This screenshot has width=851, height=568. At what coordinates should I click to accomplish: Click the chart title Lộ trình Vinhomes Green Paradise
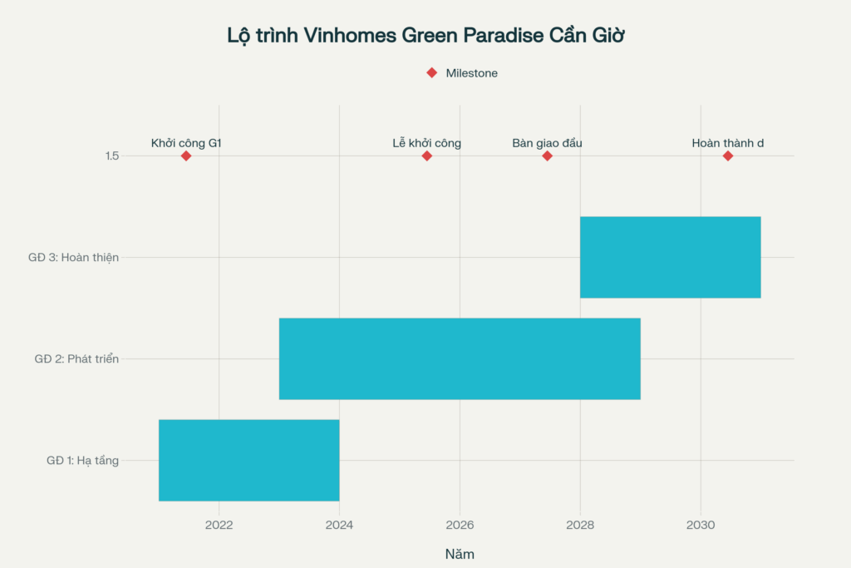pos(425,36)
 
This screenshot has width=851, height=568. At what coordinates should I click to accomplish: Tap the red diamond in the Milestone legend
pos(431,73)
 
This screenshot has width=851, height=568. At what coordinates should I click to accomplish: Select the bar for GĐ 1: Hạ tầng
pos(248,460)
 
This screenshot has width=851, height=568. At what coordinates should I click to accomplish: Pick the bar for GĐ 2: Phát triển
pos(460,358)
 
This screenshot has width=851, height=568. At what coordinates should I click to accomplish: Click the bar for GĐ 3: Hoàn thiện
pos(670,257)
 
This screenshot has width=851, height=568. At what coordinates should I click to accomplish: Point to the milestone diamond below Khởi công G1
pos(186,156)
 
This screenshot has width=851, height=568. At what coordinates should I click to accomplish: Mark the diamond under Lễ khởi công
pos(427,156)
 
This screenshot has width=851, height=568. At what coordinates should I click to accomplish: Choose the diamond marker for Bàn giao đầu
pos(547,156)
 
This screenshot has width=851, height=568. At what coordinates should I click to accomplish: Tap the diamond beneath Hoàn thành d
pos(728,156)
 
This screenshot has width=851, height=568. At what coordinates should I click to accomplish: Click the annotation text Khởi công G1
pos(186,143)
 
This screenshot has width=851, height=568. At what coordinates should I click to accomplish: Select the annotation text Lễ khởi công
pos(427,143)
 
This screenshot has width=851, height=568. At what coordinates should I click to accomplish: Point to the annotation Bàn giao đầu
pos(547,143)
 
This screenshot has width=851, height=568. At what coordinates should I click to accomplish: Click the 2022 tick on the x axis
pos(219,525)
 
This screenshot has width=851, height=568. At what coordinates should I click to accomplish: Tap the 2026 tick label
pos(460,525)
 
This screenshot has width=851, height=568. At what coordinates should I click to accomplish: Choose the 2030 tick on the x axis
pos(701,525)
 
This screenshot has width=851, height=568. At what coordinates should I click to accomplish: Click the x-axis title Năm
pos(460,554)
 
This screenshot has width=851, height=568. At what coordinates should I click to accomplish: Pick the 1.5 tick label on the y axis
pos(112,156)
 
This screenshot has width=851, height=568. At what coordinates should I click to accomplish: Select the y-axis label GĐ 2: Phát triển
pos(76,359)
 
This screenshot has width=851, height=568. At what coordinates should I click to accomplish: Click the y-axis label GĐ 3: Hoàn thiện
pos(73,258)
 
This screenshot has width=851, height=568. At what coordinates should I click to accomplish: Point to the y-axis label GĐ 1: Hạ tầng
pos(82,461)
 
